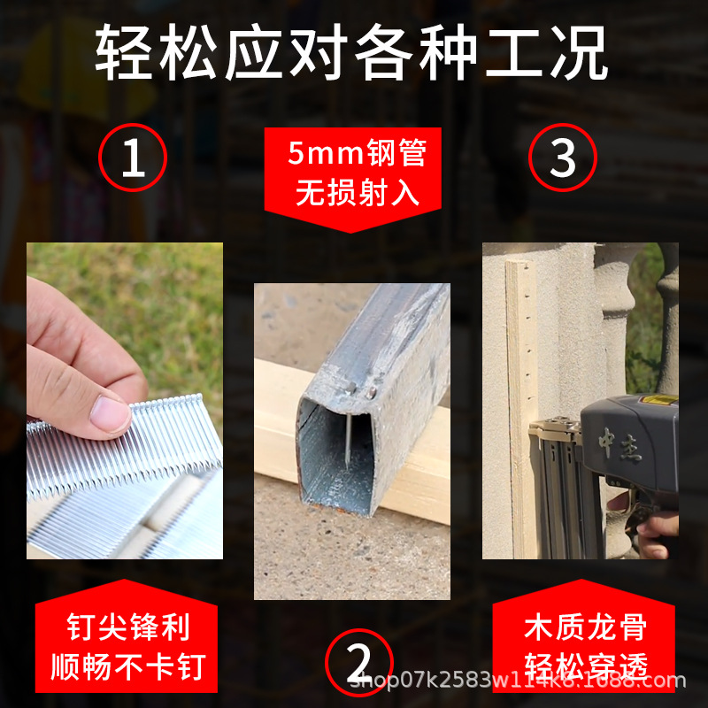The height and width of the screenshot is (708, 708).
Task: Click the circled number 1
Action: click(132, 158)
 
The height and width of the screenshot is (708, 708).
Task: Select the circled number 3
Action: click(563, 158)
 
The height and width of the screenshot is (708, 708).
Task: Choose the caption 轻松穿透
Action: click(585, 665)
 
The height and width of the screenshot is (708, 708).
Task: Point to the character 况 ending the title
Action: click(580, 54)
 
